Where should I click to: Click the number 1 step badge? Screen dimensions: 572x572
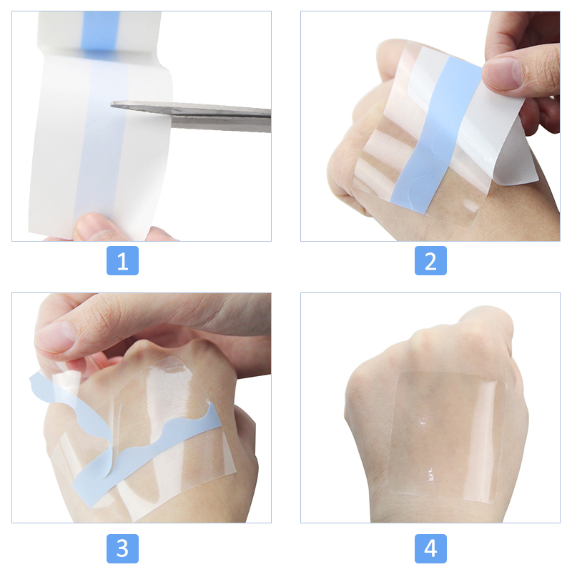point(122,261)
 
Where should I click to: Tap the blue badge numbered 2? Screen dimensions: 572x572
point(430,261)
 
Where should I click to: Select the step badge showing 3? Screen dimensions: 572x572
point(122,548)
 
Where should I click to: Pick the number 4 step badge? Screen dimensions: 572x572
point(430,548)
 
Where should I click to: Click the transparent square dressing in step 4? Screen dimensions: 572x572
point(443,429)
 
